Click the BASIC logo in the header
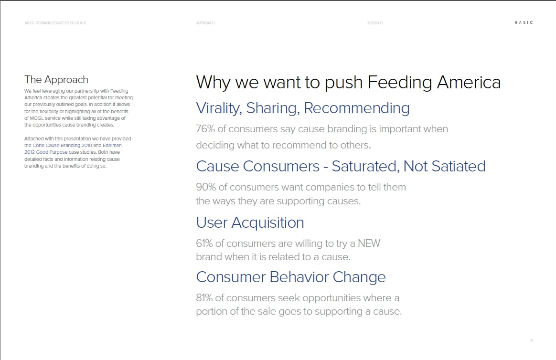click(x=524, y=22)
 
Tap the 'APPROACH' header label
click(x=205, y=23)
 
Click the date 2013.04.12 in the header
click(x=375, y=23)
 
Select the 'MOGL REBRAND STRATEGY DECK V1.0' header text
click(x=55, y=23)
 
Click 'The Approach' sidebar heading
click(x=56, y=80)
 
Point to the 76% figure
click(x=205, y=128)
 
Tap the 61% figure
click(x=204, y=244)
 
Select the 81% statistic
click(x=204, y=297)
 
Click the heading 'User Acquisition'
click(x=250, y=223)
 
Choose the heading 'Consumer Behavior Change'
click(x=291, y=277)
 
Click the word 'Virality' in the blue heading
click(x=219, y=108)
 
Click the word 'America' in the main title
click(x=469, y=82)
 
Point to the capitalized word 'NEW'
click(x=369, y=244)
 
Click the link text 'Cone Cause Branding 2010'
click(x=62, y=145)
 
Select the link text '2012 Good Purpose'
click(x=46, y=152)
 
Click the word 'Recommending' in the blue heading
click(x=357, y=108)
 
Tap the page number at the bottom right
click(x=531, y=340)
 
